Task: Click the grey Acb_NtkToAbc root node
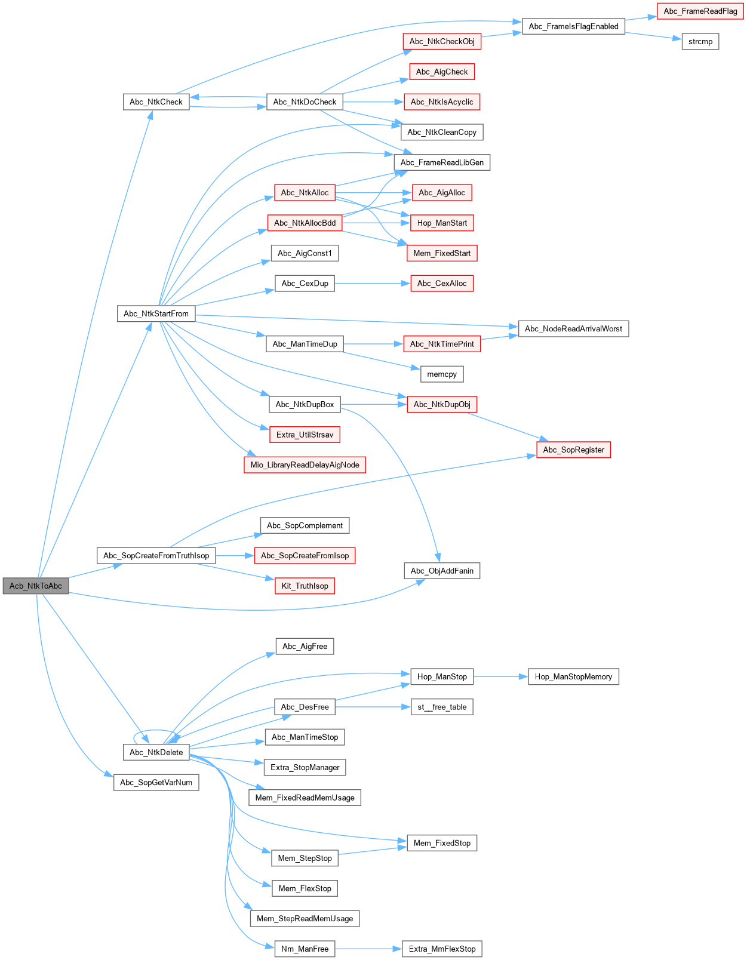[x=36, y=586]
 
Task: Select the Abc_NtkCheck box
[x=156, y=102]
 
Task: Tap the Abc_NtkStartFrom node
[x=156, y=313]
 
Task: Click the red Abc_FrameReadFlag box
[x=700, y=11]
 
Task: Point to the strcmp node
[x=700, y=42]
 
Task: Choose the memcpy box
[x=442, y=374]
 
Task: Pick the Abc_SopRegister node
[x=573, y=450]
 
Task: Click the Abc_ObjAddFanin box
[x=442, y=571]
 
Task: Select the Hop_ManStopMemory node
[x=573, y=676]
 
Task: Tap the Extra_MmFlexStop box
[x=442, y=949]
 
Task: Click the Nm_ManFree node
[x=305, y=949]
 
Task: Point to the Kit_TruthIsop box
[x=305, y=586]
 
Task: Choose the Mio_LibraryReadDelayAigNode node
[x=305, y=465]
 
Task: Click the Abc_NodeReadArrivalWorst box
[x=573, y=329]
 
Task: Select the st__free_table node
[x=442, y=707]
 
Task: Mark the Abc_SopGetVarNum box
[x=156, y=783]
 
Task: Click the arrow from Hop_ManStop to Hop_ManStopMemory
[x=500, y=676]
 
